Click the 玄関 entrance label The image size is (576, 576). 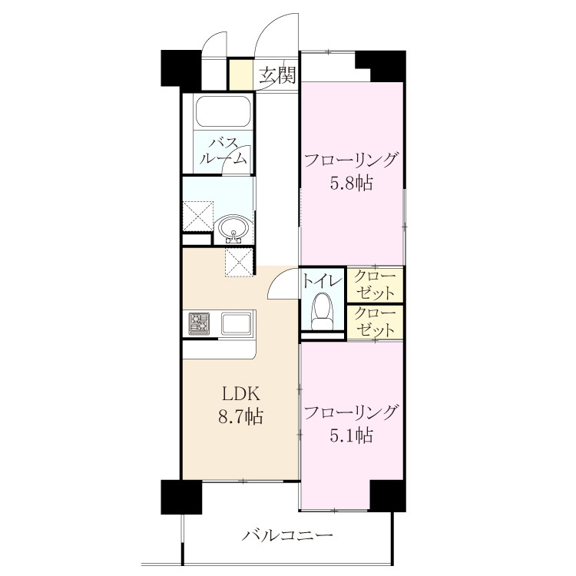[x=278, y=75]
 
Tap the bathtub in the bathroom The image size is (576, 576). [x=223, y=111]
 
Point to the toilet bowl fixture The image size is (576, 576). [x=322, y=311]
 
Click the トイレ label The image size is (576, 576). [x=322, y=282]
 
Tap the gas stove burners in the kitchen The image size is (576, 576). [x=199, y=323]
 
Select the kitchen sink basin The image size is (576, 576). [x=237, y=323]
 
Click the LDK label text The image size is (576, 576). [x=240, y=394]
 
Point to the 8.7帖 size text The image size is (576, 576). [x=240, y=417]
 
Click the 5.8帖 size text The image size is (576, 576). [x=352, y=183]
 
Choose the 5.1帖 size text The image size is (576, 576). [x=352, y=435]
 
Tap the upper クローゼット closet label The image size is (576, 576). [x=376, y=285]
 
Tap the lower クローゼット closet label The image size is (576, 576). [x=376, y=322]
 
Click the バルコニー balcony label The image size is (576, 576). [x=287, y=535]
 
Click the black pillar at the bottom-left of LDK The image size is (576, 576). [x=181, y=497]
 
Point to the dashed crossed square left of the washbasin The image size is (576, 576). [x=198, y=216]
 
